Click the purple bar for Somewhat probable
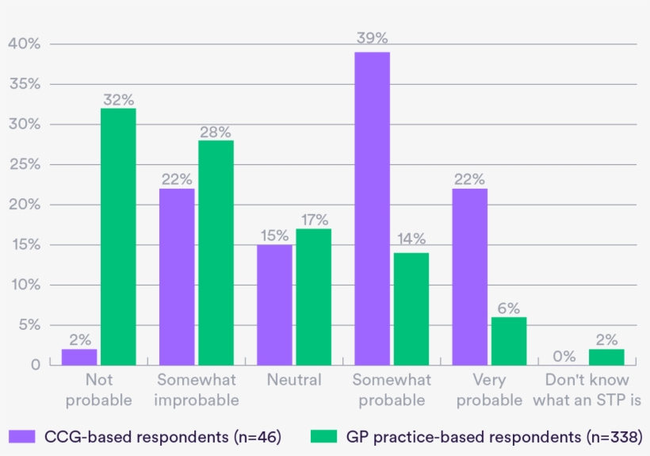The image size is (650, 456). (x=372, y=208)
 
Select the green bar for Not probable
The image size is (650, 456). (x=118, y=236)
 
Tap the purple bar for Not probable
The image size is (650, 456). (x=79, y=356)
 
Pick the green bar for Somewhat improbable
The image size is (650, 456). (x=216, y=252)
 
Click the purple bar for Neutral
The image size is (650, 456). (x=274, y=305)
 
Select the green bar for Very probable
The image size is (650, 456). (x=509, y=340)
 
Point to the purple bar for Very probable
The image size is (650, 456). (x=470, y=276)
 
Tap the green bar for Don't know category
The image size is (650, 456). (x=606, y=356)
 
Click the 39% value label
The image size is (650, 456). (x=372, y=38)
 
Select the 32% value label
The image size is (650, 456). (x=118, y=99)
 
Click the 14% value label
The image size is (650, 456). (x=411, y=239)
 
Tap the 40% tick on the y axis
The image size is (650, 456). (x=24, y=44)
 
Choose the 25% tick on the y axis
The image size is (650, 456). (x=24, y=164)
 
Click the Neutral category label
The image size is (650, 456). (x=294, y=380)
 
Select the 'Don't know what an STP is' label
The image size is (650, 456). (x=587, y=389)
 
